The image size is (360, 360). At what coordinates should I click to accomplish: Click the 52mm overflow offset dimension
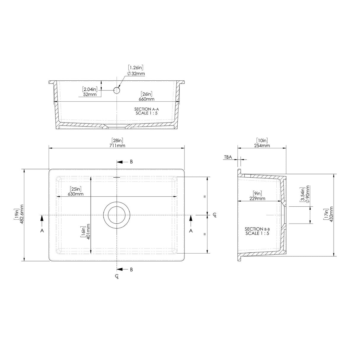click(x=90, y=94)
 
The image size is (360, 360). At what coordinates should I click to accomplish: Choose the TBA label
click(x=228, y=157)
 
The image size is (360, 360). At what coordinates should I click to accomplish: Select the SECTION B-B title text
click(x=257, y=229)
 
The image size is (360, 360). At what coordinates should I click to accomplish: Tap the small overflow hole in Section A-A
click(x=117, y=90)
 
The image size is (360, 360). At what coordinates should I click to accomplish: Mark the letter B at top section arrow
click(x=131, y=162)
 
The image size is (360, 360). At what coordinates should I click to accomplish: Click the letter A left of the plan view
click(x=42, y=230)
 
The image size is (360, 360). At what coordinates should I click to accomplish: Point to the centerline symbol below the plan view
click(x=117, y=276)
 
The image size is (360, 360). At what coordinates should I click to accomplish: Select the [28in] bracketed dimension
click(x=117, y=140)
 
